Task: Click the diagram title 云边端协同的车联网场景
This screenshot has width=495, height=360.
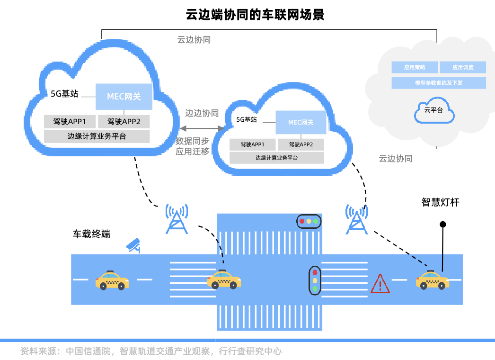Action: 255,15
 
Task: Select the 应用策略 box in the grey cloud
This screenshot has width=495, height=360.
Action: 415,67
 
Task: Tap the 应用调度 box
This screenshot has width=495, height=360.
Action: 462,67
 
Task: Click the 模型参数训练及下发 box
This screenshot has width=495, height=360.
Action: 439,83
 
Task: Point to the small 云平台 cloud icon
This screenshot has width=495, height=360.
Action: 434,111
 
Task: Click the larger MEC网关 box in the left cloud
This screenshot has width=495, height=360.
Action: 124,97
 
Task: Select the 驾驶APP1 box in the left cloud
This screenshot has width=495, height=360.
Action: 70,121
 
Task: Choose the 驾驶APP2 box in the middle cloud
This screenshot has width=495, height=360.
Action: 301,144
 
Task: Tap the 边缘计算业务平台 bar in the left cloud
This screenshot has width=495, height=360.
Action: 97,136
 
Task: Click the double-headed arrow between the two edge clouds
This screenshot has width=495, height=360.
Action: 202,128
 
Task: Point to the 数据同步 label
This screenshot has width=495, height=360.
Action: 192,141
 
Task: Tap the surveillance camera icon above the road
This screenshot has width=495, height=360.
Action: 133,245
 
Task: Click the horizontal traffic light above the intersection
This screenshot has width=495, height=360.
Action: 309,221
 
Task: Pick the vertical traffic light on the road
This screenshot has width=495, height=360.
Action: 315,280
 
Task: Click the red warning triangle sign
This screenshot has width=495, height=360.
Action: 380,284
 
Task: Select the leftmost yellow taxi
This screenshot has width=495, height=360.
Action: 112,280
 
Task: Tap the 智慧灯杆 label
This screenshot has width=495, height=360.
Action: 440,202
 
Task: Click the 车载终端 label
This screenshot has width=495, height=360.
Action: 91,234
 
